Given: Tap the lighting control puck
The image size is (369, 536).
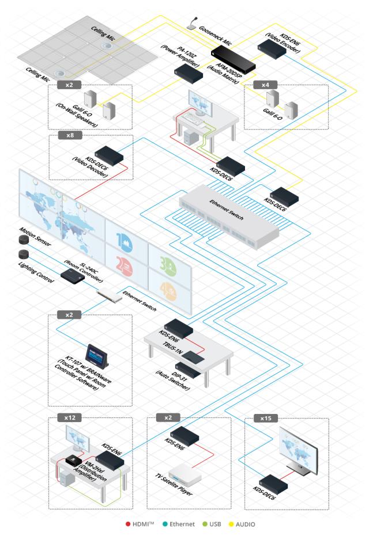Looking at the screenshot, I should tap(24, 254).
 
